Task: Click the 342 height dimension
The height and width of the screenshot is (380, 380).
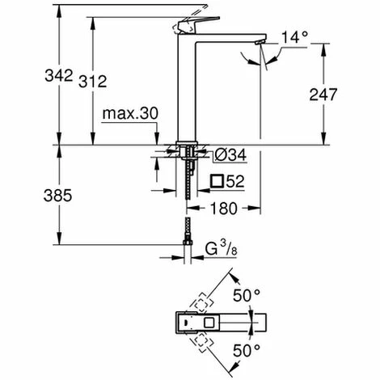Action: click(x=59, y=75)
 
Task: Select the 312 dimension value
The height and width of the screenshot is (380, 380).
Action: click(x=92, y=81)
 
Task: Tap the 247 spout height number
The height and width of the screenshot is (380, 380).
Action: click(x=323, y=95)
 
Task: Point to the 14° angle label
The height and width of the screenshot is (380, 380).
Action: click(x=294, y=37)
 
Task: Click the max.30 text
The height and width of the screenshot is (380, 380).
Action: click(x=130, y=113)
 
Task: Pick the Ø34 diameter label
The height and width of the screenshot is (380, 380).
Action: click(x=230, y=155)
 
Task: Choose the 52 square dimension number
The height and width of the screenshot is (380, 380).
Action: click(x=235, y=181)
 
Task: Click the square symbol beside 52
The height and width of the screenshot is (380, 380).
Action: click(x=217, y=181)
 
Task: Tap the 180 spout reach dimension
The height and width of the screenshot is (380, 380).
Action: click(x=224, y=209)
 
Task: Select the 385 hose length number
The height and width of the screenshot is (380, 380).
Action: click(x=58, y=196)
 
